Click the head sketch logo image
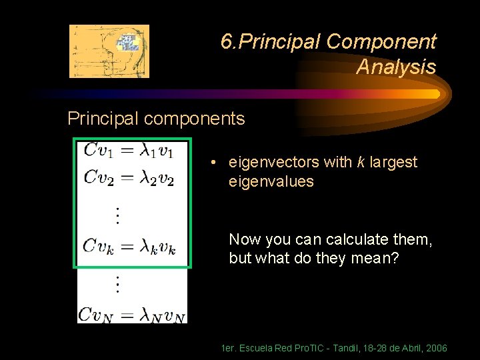tap(109, 51)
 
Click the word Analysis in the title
tap(396, 67)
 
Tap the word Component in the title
tap(381, 42)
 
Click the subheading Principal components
tap(156, 119)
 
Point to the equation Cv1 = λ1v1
tap(129, 151)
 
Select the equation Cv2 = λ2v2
tap(129, 178)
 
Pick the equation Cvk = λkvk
tap(129, 247)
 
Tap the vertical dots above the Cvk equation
tap(117, 215)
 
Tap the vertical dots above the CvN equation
tap(117, 284)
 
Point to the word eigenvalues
tap(271, 181)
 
